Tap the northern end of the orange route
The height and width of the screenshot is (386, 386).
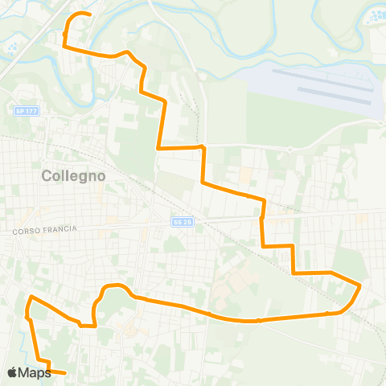coord(88,14)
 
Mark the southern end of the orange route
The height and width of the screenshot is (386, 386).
coord(64,373)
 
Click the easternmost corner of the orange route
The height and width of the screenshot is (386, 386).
coord(360,285)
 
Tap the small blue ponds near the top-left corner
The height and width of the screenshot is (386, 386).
coord(14,49)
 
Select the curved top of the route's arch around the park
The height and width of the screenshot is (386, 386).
coord(114,285)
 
